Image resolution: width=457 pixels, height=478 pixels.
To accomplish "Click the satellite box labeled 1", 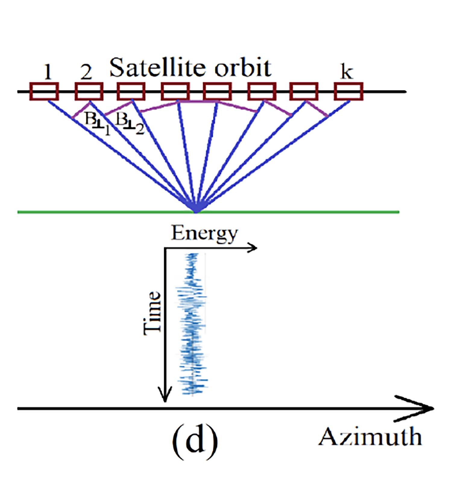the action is [44, 91].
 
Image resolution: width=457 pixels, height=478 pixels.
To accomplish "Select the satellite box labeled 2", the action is [89, 91].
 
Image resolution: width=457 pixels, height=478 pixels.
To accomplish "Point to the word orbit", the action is [243, 68].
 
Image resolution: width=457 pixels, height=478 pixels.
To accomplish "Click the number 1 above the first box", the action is [47, 72].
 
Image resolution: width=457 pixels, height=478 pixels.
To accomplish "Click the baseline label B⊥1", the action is [97, 123].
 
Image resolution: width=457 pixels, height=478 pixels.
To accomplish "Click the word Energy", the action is [204, 233].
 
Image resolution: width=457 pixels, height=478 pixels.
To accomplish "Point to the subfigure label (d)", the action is [195, 440].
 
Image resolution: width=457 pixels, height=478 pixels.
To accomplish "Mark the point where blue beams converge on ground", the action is [196, 212].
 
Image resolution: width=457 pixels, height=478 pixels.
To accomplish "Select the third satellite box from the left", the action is [131, 91].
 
